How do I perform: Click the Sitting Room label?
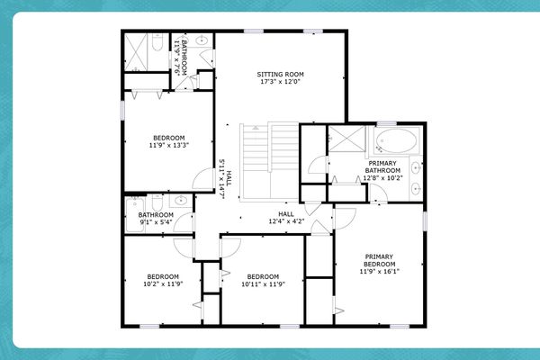[x=281, y=74]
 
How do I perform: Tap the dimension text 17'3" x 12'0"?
[x=281, y=82]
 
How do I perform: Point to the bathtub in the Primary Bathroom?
[x=397, y=141]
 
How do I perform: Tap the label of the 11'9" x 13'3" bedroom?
[x=167, y=138]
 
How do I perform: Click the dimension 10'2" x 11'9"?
[x=164, y=284]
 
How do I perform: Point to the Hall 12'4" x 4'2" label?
[x=286, y=214]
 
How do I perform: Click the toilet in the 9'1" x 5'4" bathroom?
[x=157, y=202]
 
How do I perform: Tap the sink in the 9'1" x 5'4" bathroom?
[x=182, y=200]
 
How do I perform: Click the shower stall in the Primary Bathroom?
[x=344, y=140]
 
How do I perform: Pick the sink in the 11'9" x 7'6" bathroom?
[x=202, y=41]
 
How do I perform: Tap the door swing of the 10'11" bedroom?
[x=226, y=247]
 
